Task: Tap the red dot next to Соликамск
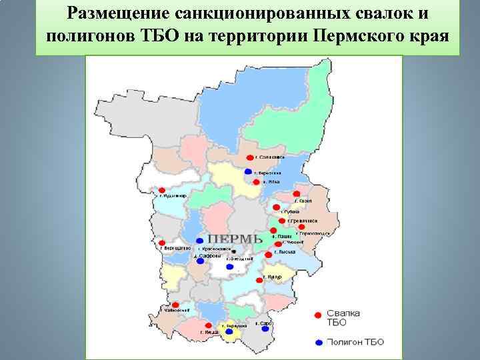[x=249, y=158]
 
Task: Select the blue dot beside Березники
[x=249, y=171]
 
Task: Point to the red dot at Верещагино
[x=162, y=242]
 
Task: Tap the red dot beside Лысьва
[x=268, y=255]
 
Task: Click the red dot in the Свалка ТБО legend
[x=319, y=315]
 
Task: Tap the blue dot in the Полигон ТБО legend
[x=319, y=342]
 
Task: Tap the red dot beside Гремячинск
[x=283, y=221]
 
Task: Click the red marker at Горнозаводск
[x=301, y=227]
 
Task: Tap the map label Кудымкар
[x=175, y=196]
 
